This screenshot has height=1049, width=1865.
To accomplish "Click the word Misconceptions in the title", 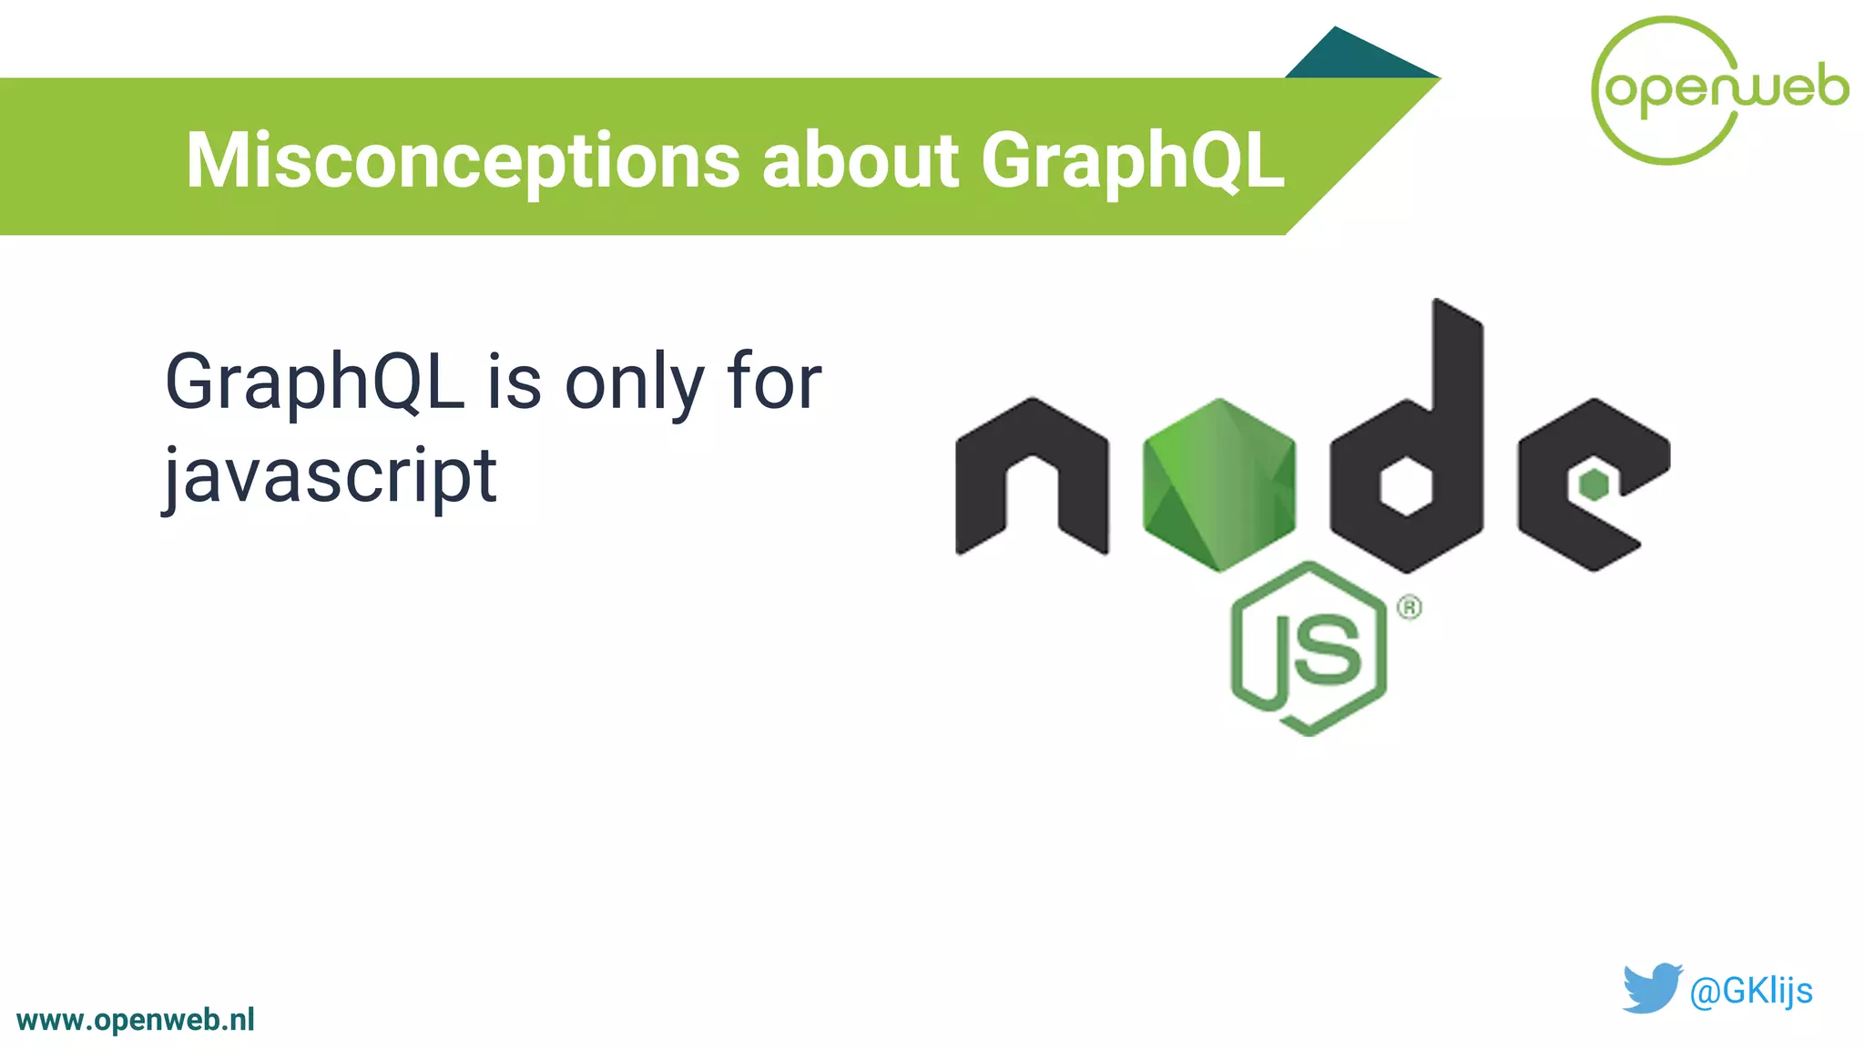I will pyautogui.click(x=463, y=161).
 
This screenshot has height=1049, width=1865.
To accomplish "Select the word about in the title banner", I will pyautogui.click(x=860, y=160).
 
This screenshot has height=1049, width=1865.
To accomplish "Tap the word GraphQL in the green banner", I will pyautogui.click(x=1132, y=161).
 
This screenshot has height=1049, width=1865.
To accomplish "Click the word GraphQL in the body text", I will pyautogui.click(x=314, y=382).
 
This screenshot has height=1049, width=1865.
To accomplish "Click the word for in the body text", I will pyautogui.click(x=774, y=382).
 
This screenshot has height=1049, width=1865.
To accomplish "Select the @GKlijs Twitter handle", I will pyautogui.click(x=1750, y=991).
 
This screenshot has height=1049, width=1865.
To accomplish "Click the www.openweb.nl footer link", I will pyautogui.click(x=136, y=1020).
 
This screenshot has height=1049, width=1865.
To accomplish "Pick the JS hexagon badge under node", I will pyautogui.click(x=1309, y=648).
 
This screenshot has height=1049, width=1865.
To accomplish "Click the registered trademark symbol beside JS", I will pyautogui.click(x=1409, y=607).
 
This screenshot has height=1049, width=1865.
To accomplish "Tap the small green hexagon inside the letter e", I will pyautogui.click(x=1594, y=484).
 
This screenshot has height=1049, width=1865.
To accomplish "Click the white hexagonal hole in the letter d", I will pyautogui.click(x=1405, y=486).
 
